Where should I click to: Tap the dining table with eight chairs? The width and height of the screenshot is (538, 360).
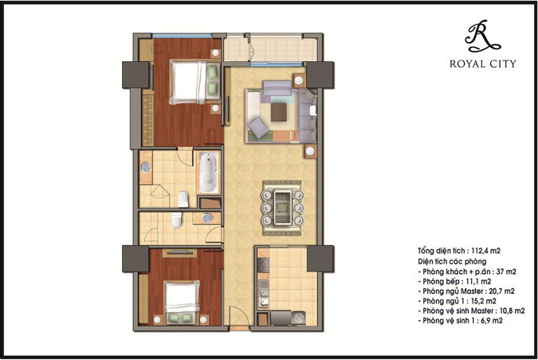pyautogui.click(x=282, y=205)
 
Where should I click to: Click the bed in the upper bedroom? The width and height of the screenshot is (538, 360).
pyautogui.click(x=191, y=81)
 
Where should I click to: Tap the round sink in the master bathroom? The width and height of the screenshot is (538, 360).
pyautogui.click(x=147, y=169)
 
